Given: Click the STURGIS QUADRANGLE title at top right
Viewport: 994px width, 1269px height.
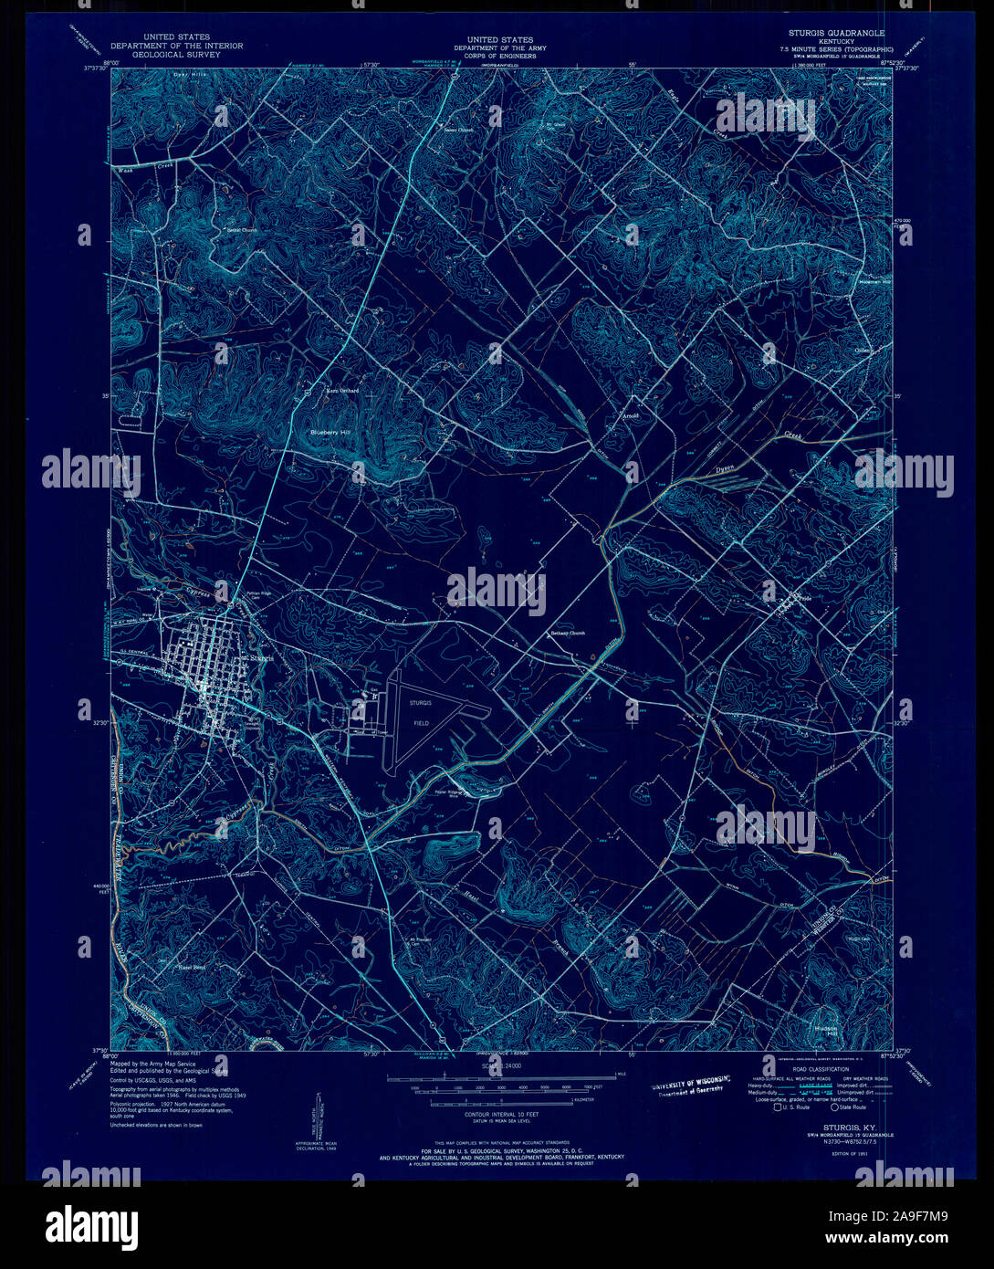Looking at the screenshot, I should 830,32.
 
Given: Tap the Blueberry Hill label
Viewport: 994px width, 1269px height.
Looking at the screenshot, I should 330,431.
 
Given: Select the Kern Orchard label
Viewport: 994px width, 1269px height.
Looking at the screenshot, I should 343,391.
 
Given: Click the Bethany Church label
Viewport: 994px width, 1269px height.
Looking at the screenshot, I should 567,633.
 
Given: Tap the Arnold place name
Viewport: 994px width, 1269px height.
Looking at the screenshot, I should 630,415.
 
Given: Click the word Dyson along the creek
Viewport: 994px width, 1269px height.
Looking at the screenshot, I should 725,467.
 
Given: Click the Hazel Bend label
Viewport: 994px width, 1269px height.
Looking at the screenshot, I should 191,967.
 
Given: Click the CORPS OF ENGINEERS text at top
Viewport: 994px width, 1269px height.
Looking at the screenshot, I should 500,56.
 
